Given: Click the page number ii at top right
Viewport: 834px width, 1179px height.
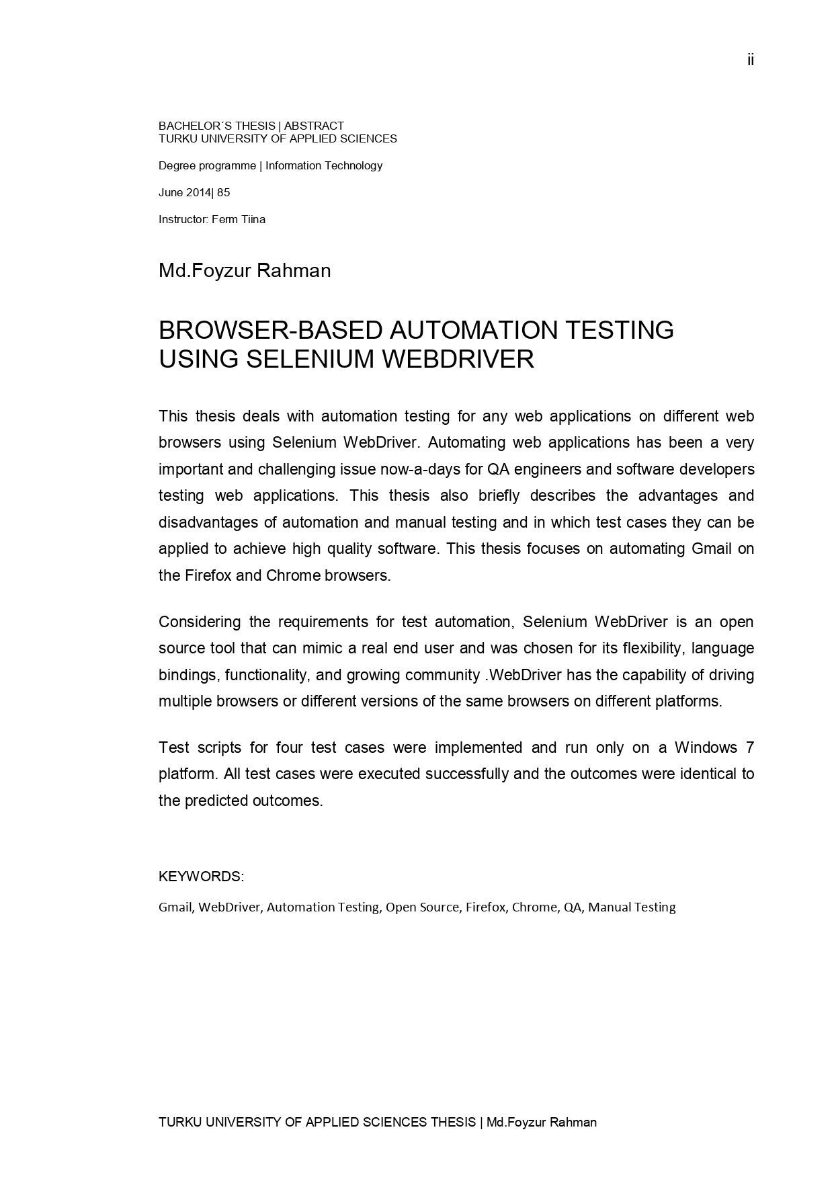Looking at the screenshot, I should click(x=750, y=60).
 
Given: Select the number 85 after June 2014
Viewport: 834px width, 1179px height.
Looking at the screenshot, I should click(x=223, y=193).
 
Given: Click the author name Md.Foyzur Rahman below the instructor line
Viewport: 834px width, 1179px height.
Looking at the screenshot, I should click(x=245, y=271).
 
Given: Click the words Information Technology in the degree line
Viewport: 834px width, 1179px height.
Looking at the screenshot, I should click(x=324, y=166).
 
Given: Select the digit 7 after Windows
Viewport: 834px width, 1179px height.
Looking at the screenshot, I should click(x=750, y=747).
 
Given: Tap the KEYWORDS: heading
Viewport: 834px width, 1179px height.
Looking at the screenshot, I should click(x=201, y=877).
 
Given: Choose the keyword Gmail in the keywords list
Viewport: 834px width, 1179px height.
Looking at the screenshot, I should click(x=176, y=907).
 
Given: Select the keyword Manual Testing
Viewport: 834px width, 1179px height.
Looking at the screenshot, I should click(x=632, y=907).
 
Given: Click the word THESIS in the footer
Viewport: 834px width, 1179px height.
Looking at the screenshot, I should click(x=453, y=1122).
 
